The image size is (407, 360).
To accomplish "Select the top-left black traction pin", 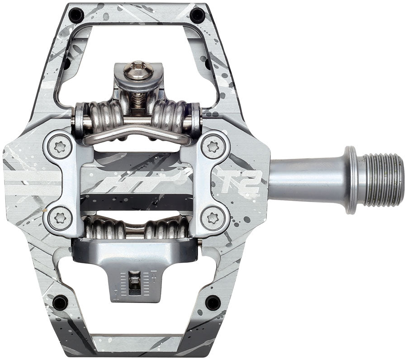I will click(x=75, y=15).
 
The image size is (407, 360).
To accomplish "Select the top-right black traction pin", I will click(x=197, y=15).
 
